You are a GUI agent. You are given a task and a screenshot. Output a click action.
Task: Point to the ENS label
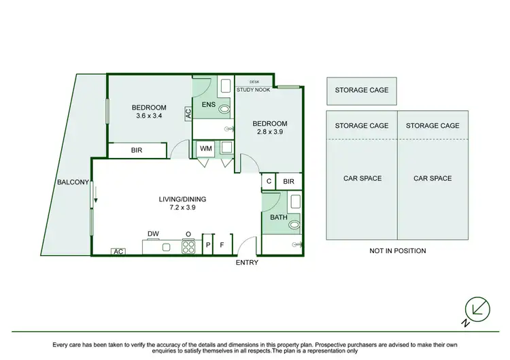[209, 104]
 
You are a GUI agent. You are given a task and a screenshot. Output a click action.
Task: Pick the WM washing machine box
[205, 148]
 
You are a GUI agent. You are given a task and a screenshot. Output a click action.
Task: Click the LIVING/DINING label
[182, 199]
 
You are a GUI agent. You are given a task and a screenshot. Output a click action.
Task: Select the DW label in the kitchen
[153, 234]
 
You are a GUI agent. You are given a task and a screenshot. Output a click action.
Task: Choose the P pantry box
[208, 245]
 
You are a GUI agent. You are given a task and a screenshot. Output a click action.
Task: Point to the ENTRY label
[246, 263]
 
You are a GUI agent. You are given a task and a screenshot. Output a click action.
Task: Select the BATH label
[279, 218]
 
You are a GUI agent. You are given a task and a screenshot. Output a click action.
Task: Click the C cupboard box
[269, 182]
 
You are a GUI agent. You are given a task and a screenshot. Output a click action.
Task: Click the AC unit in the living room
[118, 252]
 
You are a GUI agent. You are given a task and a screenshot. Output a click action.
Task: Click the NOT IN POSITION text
[398, 250]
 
